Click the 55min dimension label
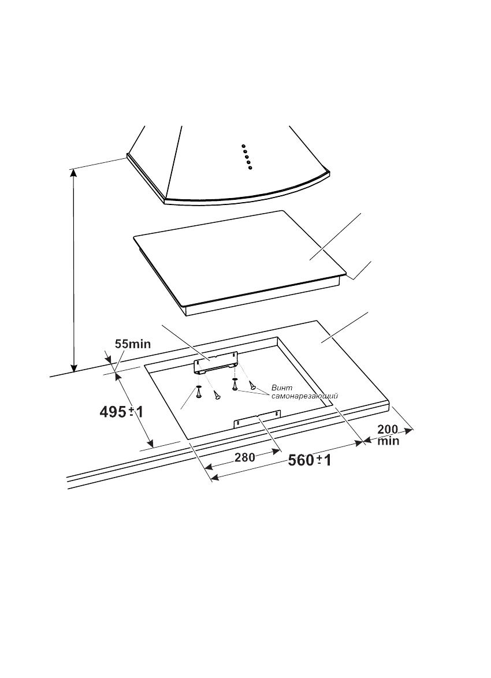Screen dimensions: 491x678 point(133,344)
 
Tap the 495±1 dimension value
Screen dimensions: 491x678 point(121,412)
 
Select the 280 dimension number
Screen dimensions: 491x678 point(245,457)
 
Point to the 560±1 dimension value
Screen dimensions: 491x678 point(310,460)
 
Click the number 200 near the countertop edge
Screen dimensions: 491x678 point(388,429)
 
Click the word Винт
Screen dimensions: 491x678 point(282,388)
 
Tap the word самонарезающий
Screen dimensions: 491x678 point(304,396)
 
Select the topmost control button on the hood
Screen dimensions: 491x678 point(244,146)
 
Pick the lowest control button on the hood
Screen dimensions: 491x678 point(250,167)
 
